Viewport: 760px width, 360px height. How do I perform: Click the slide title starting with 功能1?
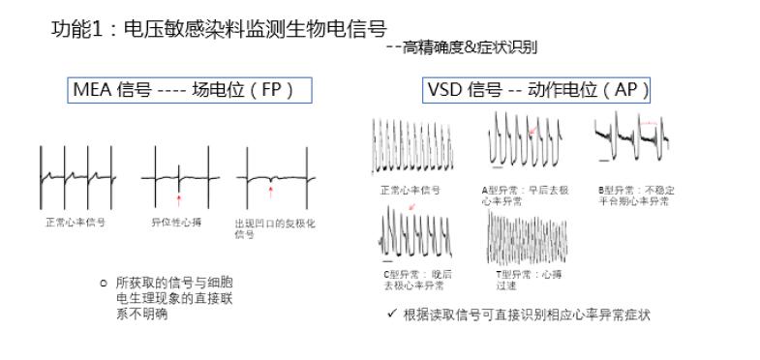tap(218, 30)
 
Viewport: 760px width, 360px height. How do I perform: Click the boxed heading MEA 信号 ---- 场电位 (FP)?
tap(181, 91)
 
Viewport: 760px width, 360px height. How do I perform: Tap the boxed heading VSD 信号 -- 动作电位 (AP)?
tap(537, 91)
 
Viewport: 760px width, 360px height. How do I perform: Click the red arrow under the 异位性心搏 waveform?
tap(178, 200)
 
